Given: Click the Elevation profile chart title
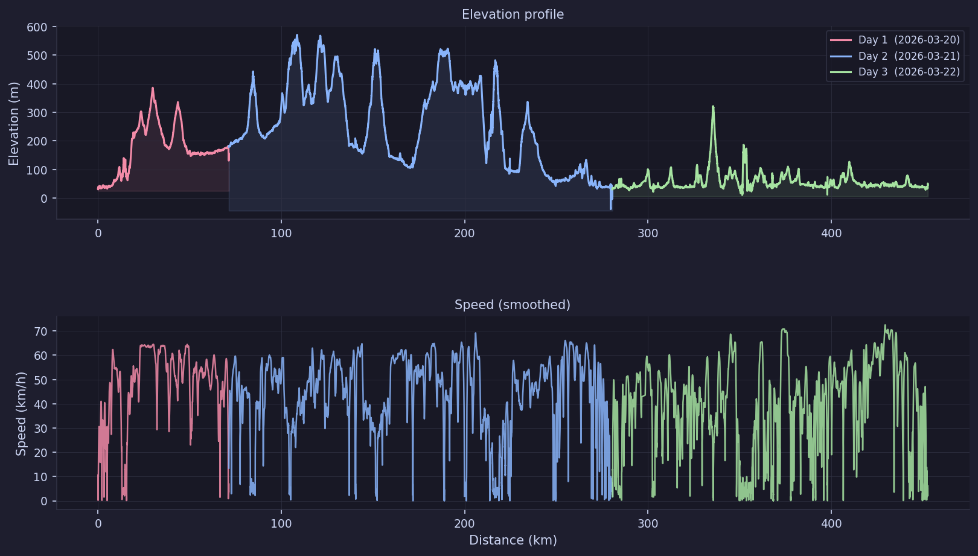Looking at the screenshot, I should (x=513, y=14).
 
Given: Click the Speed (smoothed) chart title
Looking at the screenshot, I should (x=513, y=305).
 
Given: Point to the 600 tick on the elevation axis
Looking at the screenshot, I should (x=37, y=27).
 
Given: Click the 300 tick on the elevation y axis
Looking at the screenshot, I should (x=37, y=113).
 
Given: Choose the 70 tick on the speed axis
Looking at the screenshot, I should (x=40, y=331).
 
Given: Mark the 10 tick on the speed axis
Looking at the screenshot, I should (x=40, y=477).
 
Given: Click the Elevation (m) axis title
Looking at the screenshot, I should (x=14, y=123).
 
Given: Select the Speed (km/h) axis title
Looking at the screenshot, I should (x=21, y=414).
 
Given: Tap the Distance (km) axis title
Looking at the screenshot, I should (x=513, y=540).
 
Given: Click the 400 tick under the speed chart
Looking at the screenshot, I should (x=831, y=524).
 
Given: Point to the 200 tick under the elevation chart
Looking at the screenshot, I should (x=464, y=234).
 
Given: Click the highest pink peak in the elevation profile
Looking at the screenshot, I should (x=153, y=88).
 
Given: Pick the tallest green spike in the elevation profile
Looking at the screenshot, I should (x=713, y=107).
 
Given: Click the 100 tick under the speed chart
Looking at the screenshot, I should (x=281, y=524).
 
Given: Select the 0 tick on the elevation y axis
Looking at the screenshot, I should (x=44, y=199).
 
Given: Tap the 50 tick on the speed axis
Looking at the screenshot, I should (x=40, y=380).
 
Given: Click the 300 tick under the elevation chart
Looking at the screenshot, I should (x=648, y=234).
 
